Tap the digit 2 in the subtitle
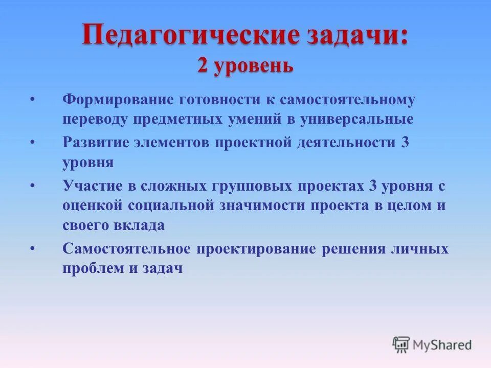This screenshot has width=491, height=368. pyautogui.click(x=203, y=65)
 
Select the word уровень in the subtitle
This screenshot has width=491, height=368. pyautogui.click(x=254, y=66)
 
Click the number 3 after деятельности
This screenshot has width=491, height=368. pyautogui.click(x=405, y=143)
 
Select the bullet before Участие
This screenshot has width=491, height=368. pyautogui.click(x=33, y=186)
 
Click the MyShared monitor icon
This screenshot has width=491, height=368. pyautogui.click(x=401, y=344)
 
